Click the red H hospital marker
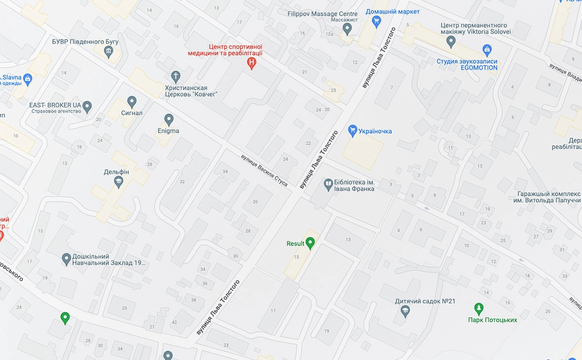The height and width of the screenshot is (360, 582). click(252, 63)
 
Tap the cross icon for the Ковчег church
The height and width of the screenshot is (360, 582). click(175, 76)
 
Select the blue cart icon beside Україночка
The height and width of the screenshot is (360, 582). click(352, 131)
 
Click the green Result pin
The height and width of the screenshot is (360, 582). click(310, 243)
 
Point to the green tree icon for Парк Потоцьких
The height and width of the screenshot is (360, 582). click(478, 309)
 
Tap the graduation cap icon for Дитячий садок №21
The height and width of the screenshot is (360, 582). click(405, 311)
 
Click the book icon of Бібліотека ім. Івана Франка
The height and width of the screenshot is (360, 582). click(328, 185)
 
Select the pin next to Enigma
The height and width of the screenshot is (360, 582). click(169, 119)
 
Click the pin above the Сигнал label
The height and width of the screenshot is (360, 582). click(132, 102)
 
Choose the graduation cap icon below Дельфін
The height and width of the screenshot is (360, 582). click(118, 182)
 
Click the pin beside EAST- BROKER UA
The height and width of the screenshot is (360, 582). click(87, 106)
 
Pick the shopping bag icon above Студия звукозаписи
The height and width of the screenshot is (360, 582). click(487, 49)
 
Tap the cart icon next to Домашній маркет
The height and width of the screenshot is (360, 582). click(377, 21)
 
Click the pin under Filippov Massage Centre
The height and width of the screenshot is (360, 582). click(347, 29)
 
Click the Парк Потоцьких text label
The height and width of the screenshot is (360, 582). click(493, 320)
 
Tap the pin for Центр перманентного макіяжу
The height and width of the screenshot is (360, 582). click(450, 42)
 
